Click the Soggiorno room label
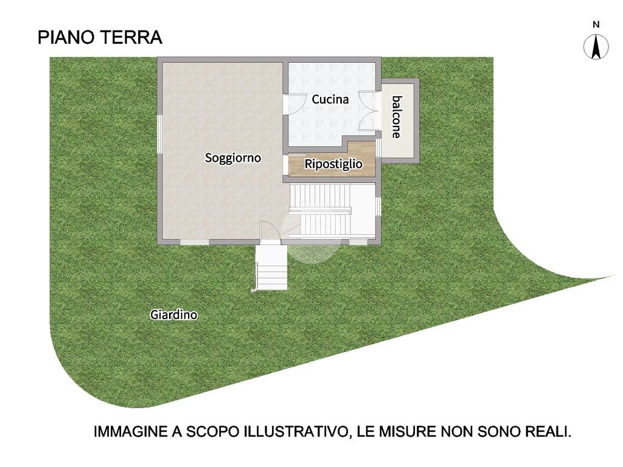pos(233,158)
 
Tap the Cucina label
pos(330,99)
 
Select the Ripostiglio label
pos(333,164)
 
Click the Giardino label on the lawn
pos(173,315)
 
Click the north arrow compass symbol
pos(596,47)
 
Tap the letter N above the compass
pos(596,24)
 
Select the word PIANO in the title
pos(66,37)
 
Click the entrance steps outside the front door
pos(271,267)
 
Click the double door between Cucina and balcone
pos(367,111)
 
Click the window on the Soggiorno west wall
pos(159,133)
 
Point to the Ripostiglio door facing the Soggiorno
pos(286,164)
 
